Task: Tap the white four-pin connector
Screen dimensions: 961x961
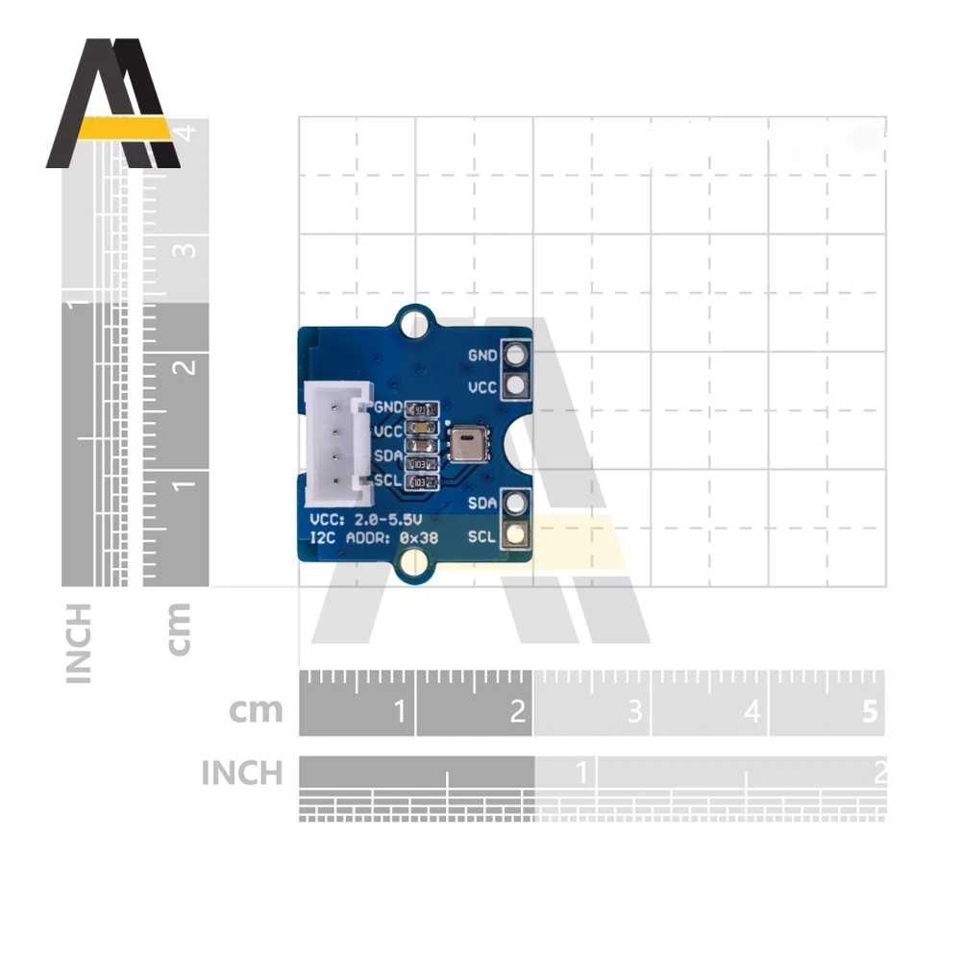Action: (x=335, y=442)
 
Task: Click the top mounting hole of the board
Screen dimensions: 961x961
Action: (x=414, y=317)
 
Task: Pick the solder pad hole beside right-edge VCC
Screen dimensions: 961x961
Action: (x=516, y=386)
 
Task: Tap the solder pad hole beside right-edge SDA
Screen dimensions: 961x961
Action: (x=516, y=503)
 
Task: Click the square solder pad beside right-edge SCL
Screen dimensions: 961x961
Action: (x=516, y=535)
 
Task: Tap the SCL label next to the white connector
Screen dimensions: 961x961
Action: (x=387, y=480)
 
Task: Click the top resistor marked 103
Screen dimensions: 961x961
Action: (x=422, y=464)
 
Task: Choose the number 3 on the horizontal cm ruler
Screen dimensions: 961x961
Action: (x=634, y=712)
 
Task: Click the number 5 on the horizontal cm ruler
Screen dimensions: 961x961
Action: (x=871, y=712)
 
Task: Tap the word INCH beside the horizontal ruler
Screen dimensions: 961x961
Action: (x=242, y=773)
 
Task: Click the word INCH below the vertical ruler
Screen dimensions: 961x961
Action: (x=79, y=643)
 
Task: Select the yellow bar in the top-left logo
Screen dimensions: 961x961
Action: (x=123, y=129)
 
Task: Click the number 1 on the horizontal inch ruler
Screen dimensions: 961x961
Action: (x=580, y=771)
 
